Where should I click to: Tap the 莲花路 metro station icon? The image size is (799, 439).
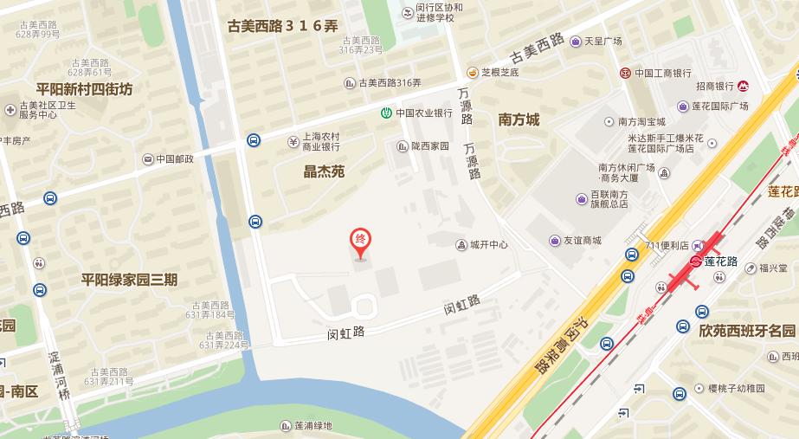[x=696, y=261]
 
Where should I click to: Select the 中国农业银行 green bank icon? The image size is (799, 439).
[x=386, y=113]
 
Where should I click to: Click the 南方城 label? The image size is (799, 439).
[x=519, y=119]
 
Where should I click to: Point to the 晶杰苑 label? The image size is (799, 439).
[x=324, y=171]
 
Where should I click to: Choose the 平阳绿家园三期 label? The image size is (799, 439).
[x=129, y=279]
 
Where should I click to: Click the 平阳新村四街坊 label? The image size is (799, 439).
[x=84, y=88]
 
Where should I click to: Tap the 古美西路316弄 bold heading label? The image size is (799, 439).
[x=282, y=26]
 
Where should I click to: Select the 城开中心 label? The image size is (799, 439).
[x=489, y=245]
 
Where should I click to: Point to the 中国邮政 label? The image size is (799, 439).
[x=175, y=159]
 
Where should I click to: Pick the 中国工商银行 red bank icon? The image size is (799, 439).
[x=625, y=74]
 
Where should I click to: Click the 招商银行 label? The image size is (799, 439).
[x=715, y=86]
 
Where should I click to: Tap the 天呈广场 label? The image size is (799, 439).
[x=603, y=41]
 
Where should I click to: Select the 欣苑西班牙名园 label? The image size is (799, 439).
[x=747, y=331]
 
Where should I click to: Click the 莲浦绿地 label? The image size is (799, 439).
[x=313, y=425]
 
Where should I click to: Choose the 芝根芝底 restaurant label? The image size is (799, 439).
[x=499, y=72]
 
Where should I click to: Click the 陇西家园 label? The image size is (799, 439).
[x=429, y=146]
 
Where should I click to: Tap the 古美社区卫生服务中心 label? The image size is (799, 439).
[x=48, y=109]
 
